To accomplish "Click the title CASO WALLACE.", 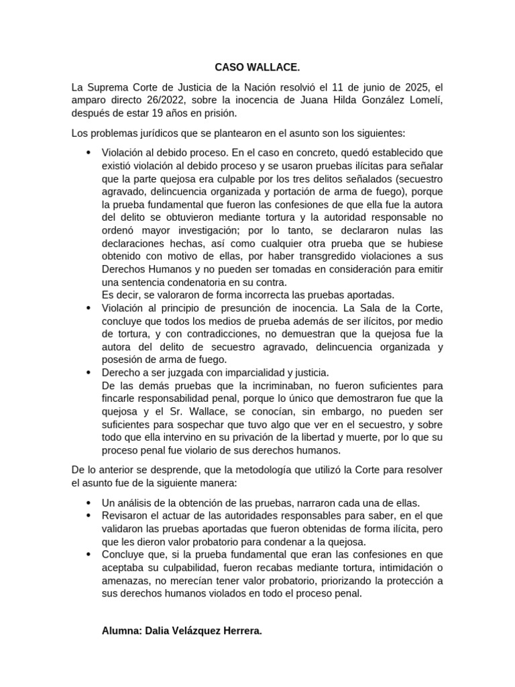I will tap(257, 68).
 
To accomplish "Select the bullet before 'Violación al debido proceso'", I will tap(89, 152).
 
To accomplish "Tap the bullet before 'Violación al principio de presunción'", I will tap(89, 308).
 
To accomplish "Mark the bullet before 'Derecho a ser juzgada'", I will tap(89, 372).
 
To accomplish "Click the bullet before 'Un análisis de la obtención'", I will tap(89, 503).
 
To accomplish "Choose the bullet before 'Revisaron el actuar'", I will tap(89, 516).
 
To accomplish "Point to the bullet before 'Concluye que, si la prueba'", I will tap(89, 555).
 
